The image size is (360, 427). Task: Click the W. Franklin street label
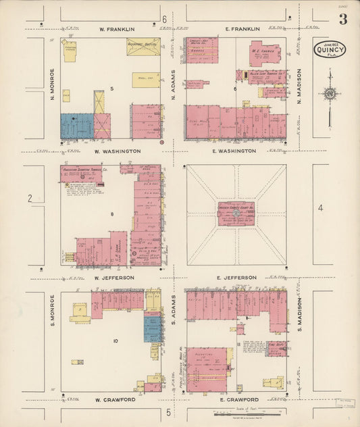(x=117, y=29)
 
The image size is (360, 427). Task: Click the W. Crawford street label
(x=115, y=399)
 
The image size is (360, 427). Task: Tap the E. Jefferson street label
(x=236, y=277)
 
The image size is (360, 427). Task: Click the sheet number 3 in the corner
(x=343, y=19)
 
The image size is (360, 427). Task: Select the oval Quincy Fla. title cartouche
(x=329, y=49)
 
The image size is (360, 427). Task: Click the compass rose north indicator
(x=330, y=94)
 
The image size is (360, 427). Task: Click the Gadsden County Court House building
(x=235, y=212)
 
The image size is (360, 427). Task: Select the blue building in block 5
(x=77, y=126)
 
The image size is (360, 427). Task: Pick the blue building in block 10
(x=151, y=329)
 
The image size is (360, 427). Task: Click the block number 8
(x=112, y=214)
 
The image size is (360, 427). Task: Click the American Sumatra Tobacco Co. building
(x=81, y=174)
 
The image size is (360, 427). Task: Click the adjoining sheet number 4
(x=320, y=208)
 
